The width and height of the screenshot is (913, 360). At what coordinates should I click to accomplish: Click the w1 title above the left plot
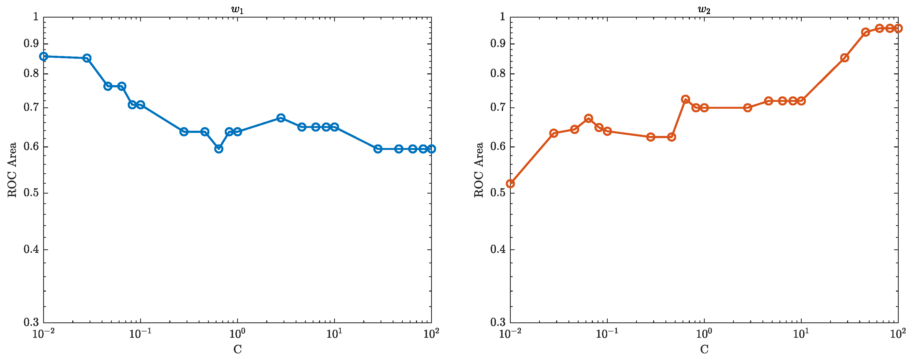pos(237,10)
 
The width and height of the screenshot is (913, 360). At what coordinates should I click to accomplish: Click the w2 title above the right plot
pos(704,10)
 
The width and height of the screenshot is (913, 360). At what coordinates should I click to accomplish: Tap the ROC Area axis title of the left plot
pos(12,170)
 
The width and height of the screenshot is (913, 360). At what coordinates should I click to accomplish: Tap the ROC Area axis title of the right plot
pos(479,170)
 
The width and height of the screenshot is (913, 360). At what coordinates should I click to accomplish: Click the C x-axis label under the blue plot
pos(237,349)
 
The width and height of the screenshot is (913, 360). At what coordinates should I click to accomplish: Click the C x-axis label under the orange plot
pos(704,349)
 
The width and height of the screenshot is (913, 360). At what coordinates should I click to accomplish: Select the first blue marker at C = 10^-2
pos(44,56)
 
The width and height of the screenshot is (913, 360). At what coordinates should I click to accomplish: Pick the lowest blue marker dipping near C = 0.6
pos(219,149)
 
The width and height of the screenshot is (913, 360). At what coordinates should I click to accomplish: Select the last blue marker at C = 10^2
pos(431,149)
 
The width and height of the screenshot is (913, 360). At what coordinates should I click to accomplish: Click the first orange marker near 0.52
pos(510,183)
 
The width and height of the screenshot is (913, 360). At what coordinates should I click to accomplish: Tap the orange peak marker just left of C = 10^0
pos(686,99)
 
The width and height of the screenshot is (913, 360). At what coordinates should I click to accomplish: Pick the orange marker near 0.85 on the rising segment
pos(845,58)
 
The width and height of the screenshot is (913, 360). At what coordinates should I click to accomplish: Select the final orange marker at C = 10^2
pos(898,28)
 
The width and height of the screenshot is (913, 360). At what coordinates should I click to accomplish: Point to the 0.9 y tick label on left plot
pos(31,44)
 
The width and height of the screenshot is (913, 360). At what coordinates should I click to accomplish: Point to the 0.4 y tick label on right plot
pos(498,249)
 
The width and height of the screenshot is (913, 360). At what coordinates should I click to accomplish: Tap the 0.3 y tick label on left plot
pos(31,322)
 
